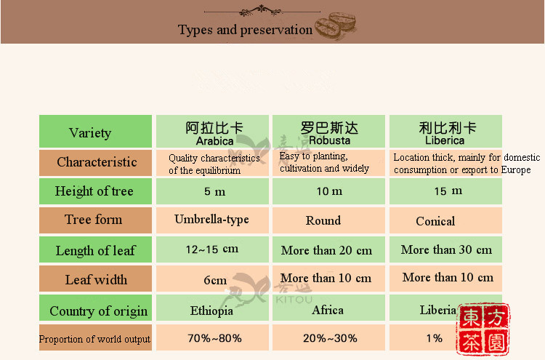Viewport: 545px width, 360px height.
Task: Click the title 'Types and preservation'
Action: (x=245, y=30)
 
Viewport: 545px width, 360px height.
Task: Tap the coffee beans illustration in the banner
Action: (x=336, y=25)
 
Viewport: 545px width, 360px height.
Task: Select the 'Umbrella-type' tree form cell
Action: (x=211, y=220)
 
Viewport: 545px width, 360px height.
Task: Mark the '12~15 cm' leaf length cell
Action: (x=212, y=249)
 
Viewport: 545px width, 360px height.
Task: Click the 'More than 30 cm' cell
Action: (x=446, y=249)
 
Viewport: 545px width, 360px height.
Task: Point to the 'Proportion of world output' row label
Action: (x=94, y=339)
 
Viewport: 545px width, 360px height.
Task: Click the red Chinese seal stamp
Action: (x=483, y=329)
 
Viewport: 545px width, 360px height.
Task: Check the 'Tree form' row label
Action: (x=93, y=220)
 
